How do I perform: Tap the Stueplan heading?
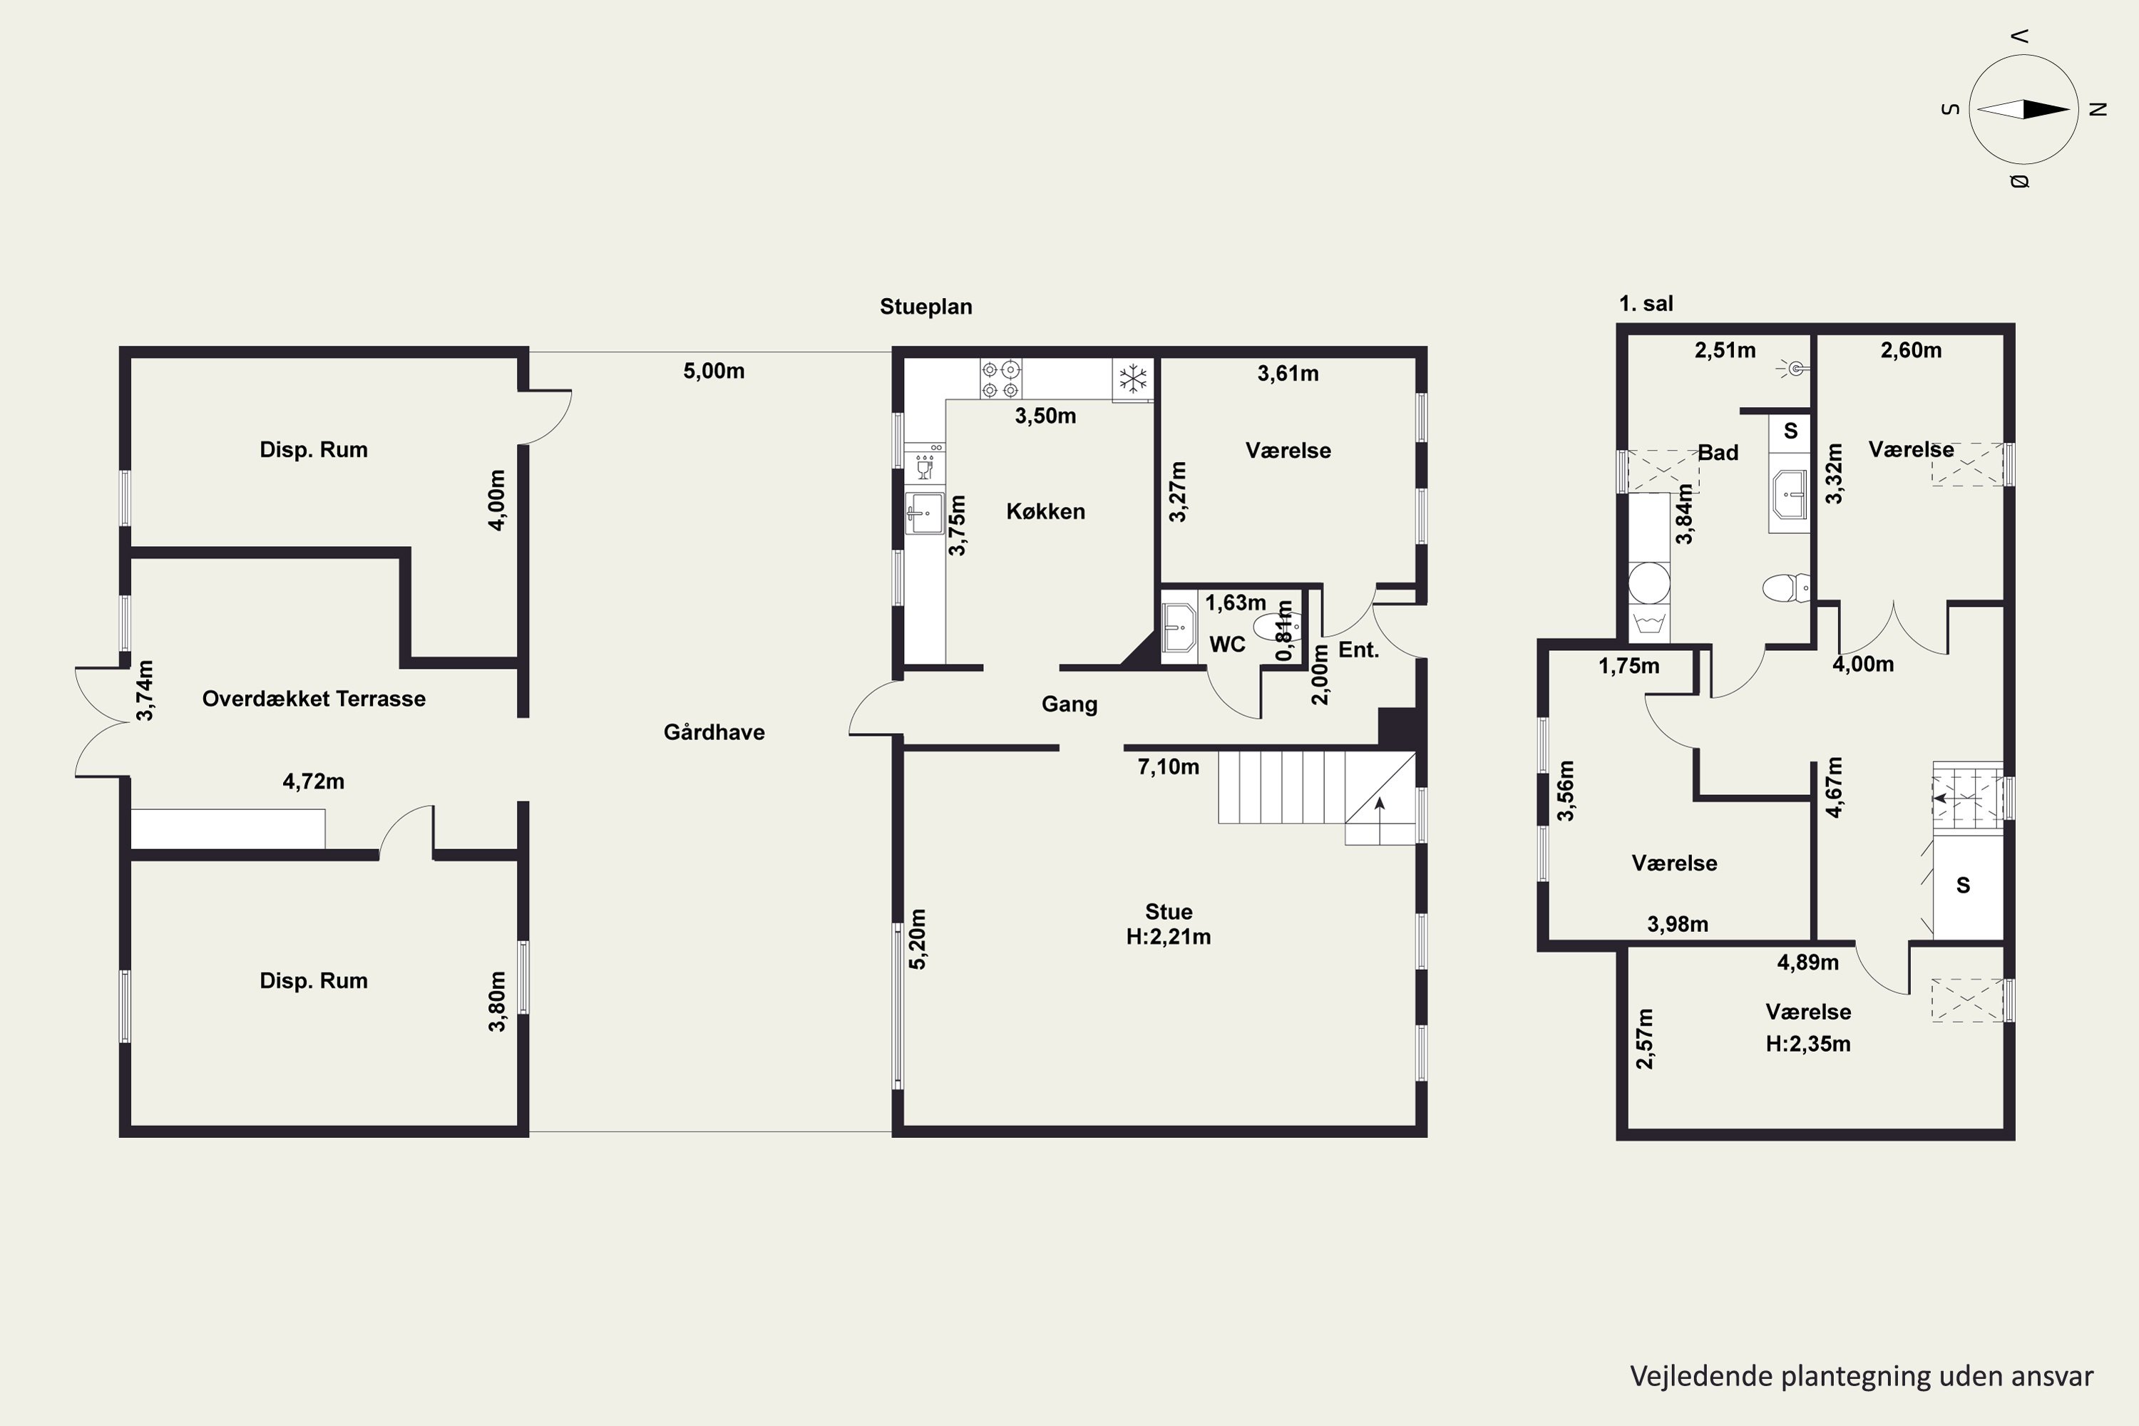pos(925,307)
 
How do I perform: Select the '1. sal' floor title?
pos(1646,304)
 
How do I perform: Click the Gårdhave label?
pos(714,732)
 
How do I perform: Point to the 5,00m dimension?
pos(714,371)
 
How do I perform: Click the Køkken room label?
pos(1046,511)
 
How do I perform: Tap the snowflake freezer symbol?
pos(1132,379)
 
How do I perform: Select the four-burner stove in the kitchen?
pos(1000,379)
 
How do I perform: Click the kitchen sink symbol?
pos(925,514)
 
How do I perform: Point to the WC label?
pos(1227,645)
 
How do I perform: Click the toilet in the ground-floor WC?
pos(1277,627)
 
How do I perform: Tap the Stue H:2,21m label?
pos(1169,924)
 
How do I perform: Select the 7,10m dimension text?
pos(1168,766)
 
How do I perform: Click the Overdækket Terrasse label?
pos(314,699)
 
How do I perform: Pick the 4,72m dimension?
pos(314,781)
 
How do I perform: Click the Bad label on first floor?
pos(1718,453)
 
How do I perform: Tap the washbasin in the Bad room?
pos(1789,496)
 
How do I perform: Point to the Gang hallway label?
pos(1069,705)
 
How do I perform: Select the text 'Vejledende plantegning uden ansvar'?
pos(1862,1376)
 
